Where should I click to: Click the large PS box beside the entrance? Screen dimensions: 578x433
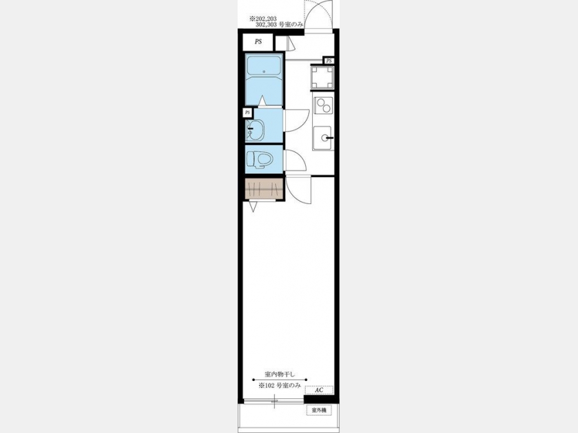[258, 42]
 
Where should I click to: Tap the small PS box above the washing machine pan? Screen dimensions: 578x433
[329, 60]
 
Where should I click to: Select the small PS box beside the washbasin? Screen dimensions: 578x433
[247, 112]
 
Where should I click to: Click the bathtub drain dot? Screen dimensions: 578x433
[263, 71]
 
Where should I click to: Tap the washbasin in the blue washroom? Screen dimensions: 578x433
[255, 131]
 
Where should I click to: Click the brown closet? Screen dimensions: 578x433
[264, 189]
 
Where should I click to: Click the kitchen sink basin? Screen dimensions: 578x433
[322, 138]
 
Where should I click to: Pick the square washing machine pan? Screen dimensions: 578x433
[322, 78]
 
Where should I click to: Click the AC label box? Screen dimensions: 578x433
[319, 390]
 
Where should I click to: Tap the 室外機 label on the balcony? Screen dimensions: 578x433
[319, 410]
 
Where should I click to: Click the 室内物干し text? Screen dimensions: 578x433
[280, 374]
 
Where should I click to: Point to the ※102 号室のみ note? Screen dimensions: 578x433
[280, 386]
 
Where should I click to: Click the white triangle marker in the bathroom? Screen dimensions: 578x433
[262, 100]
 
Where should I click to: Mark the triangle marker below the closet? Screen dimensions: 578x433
[253, 207]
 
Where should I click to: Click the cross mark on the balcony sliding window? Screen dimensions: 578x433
[275, 402]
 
